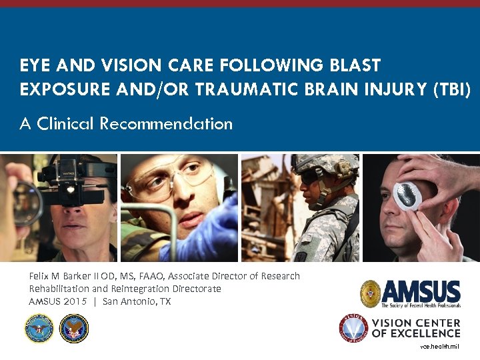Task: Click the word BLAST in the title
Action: pos(354,65)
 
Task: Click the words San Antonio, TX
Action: pos(137,301)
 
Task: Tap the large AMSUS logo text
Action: pos(421,291)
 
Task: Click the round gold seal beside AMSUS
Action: pos(371,293)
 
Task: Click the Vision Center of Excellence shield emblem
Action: pos(353,328)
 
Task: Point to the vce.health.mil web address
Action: pos(439,347)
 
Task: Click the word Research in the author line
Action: pos(279,276)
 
